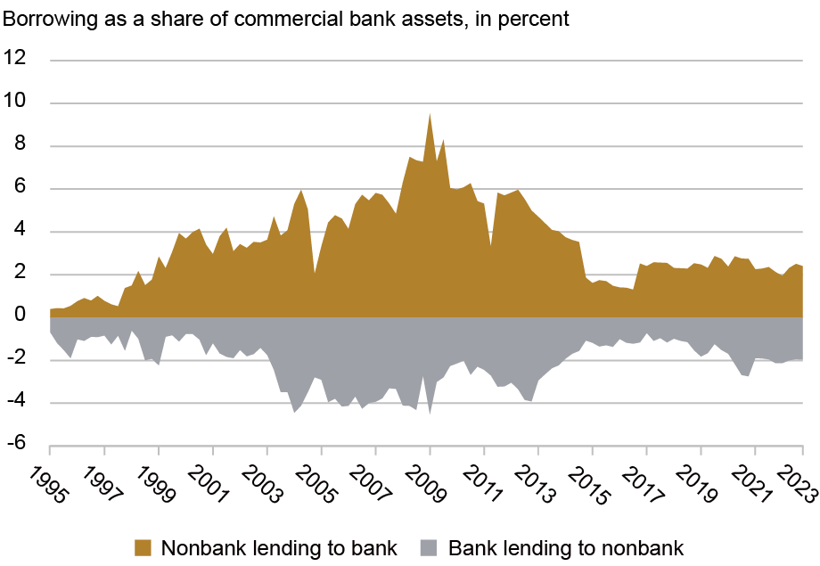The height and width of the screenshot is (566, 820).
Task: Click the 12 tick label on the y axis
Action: [16, 60]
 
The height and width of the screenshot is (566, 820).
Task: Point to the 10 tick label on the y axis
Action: [16, 103]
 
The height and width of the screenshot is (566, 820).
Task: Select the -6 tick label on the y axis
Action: [17, 445]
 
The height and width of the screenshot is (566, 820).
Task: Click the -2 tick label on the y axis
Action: [17, 359]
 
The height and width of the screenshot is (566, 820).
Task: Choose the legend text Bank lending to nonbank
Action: [566, 547]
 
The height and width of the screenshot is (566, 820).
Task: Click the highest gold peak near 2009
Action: [430, 114]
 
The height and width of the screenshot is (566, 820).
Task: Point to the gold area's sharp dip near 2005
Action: [315, 273]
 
